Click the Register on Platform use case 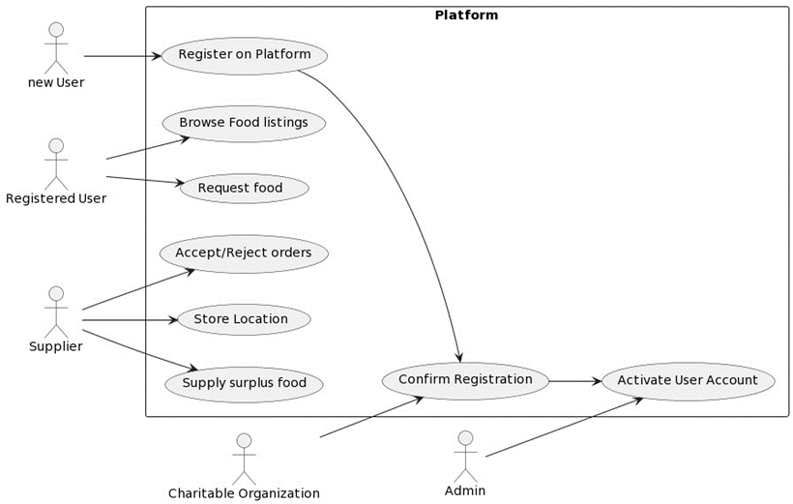point(244,55)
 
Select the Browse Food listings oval point(244,123)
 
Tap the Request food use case point(244,188)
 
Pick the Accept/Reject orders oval point(244,253)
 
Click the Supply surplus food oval point(244,383)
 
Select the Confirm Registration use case point(465,380)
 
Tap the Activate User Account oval point(688,381)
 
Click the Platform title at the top point(466,15)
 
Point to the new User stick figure point(56,45)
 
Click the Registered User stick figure point(56,163)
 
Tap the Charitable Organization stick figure point(244,458)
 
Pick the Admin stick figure point(465,455)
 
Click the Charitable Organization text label point(244,493)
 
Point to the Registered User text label point(56,199)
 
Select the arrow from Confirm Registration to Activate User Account point(574,381)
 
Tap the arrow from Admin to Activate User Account point(561,428)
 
